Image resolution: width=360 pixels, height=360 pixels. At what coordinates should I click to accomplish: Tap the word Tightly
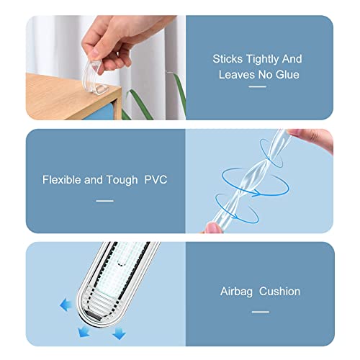click(266, 59)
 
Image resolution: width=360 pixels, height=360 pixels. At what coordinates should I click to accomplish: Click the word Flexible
click(61, 179)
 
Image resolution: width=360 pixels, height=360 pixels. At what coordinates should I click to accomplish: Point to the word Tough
click(122, 179)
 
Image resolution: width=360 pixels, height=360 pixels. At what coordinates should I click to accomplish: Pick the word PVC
click(156, 179)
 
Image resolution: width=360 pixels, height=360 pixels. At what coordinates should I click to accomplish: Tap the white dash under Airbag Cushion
click(260, 311)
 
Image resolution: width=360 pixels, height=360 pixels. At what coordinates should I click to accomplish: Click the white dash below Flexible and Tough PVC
click(105, 201)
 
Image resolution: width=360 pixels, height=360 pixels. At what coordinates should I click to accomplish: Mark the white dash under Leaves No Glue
click(257, 87)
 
